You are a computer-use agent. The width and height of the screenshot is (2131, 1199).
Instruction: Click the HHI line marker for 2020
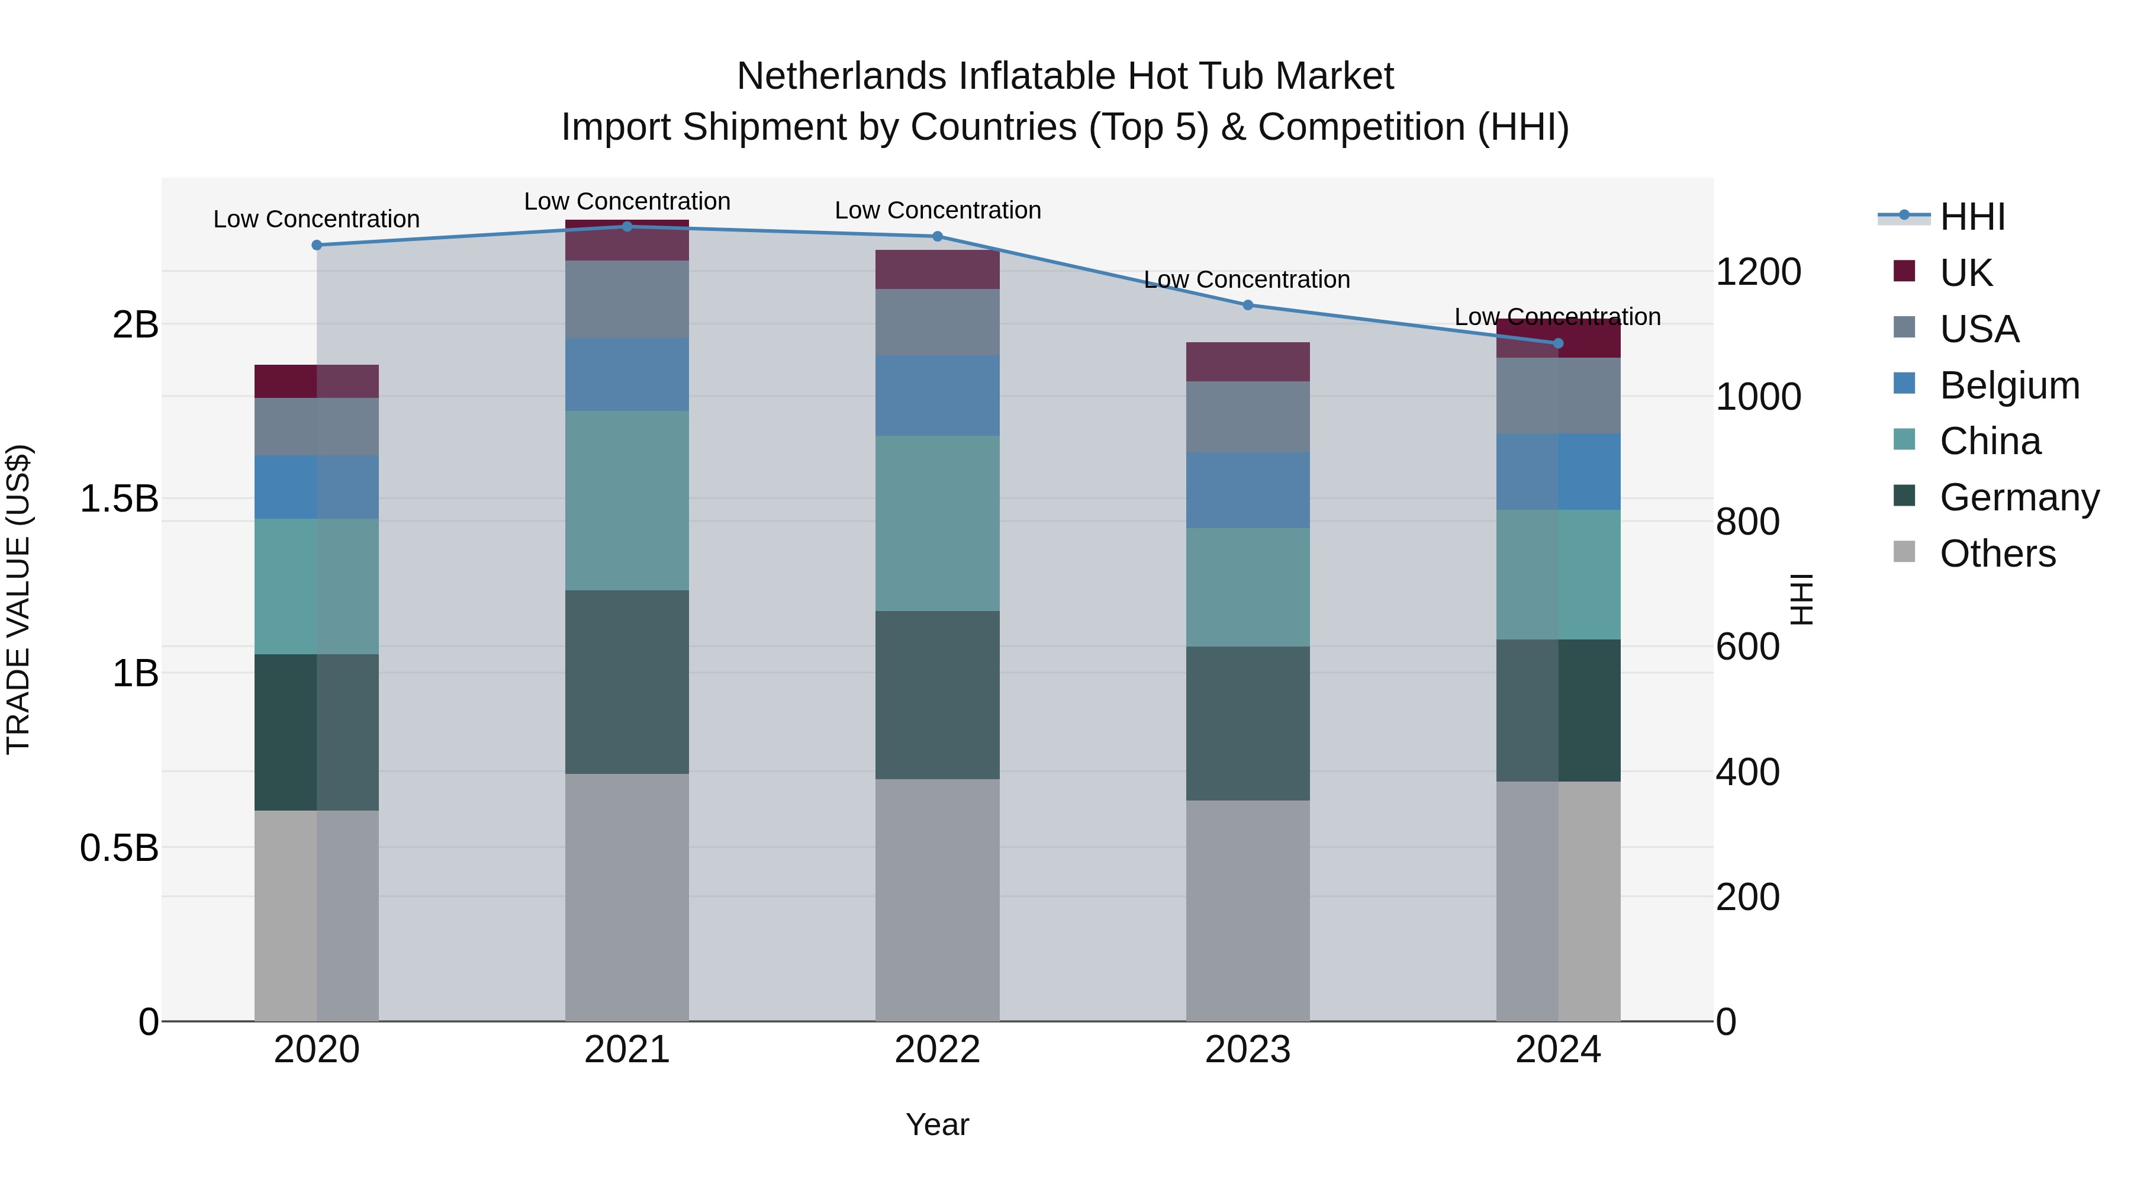click(x=316, y=245)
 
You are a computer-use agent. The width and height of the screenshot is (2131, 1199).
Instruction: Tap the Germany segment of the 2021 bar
click(x=626, y=682)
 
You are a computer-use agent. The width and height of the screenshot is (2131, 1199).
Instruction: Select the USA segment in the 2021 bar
click(x=626, y=299)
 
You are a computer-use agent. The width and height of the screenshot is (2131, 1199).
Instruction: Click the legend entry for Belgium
click(x=2008, y=385)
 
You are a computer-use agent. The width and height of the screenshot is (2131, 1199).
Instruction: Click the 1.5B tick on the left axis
click(x=118, y=499)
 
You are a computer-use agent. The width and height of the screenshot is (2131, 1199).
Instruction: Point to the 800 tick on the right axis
click(x=1747, y=522)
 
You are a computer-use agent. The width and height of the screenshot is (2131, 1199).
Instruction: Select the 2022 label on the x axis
click(x=937, y=1050)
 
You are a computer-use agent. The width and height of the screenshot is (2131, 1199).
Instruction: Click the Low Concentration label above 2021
click(x=626, y=201)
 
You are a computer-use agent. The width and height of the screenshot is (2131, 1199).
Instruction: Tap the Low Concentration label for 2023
click(x=1246, y=279)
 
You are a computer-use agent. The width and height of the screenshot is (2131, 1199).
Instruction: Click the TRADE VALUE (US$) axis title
click(x=18, y=599)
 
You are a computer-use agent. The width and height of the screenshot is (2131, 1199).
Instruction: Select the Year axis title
click(x=936, y=1124)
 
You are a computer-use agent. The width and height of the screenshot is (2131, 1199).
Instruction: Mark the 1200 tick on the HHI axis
click(x=1758, y=272)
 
